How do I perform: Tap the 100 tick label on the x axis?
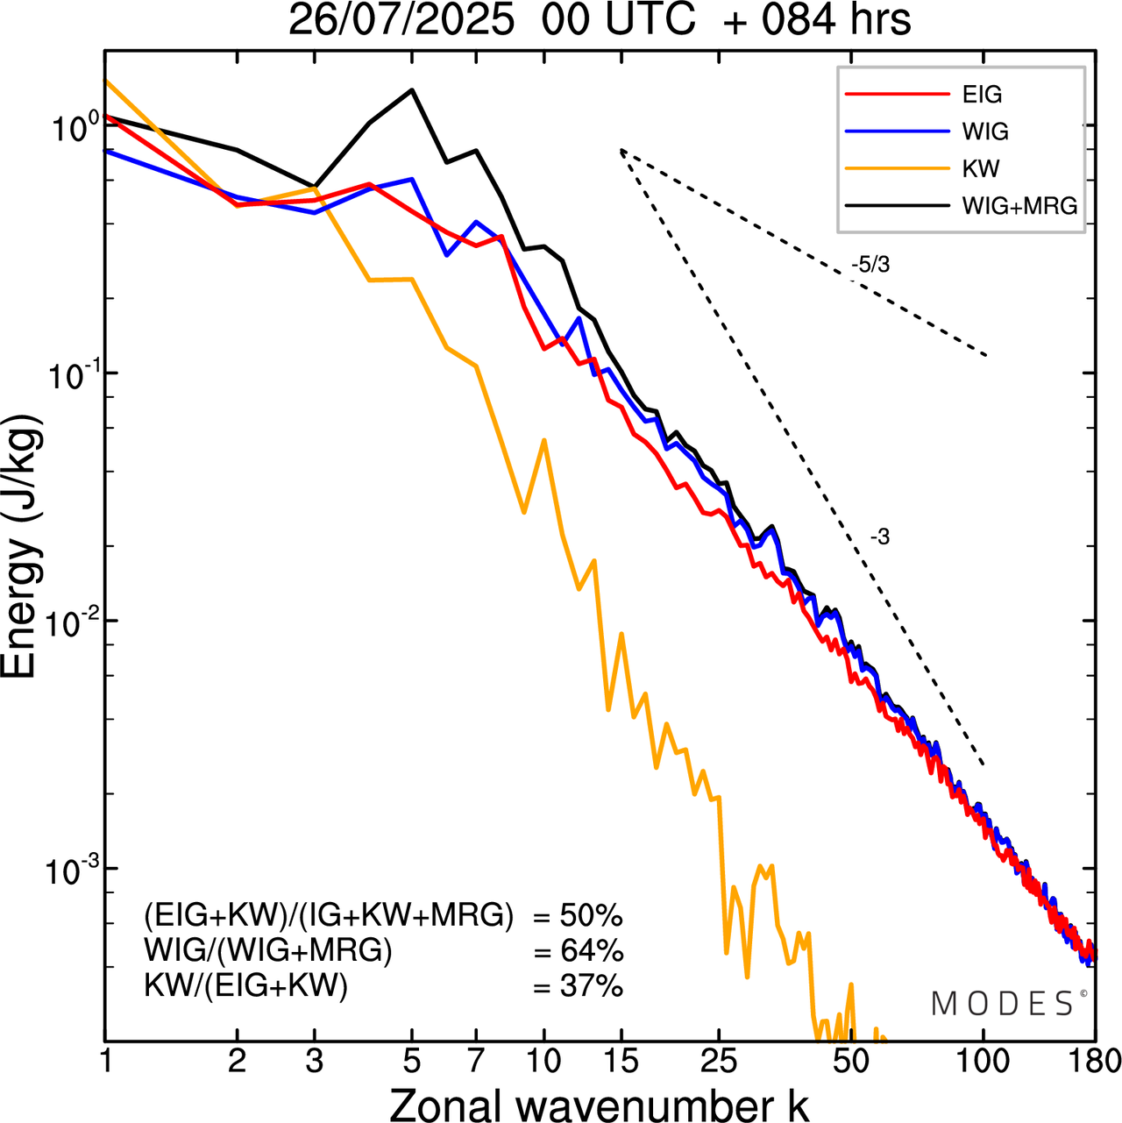click(983, 1062)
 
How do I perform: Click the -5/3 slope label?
click(870, 265)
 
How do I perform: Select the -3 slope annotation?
click(880, 537)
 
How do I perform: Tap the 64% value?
click(591, 951)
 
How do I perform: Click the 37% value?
click(591, 987)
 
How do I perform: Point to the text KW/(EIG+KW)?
click(246, 987)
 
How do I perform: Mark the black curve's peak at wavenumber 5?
click(411, 89)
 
